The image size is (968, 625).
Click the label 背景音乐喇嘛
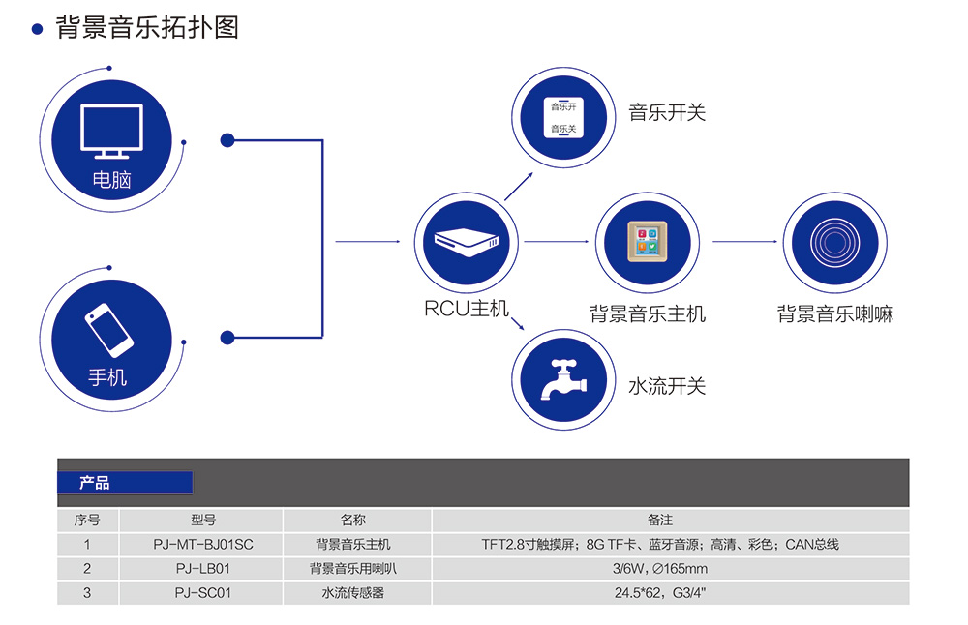pos(834,314)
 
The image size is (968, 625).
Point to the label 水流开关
pos(667,386)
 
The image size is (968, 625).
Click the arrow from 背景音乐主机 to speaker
pos(745,242)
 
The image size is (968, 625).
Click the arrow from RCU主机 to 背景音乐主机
pos(556,242)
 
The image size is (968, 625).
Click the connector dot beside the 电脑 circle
pos(227,140)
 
